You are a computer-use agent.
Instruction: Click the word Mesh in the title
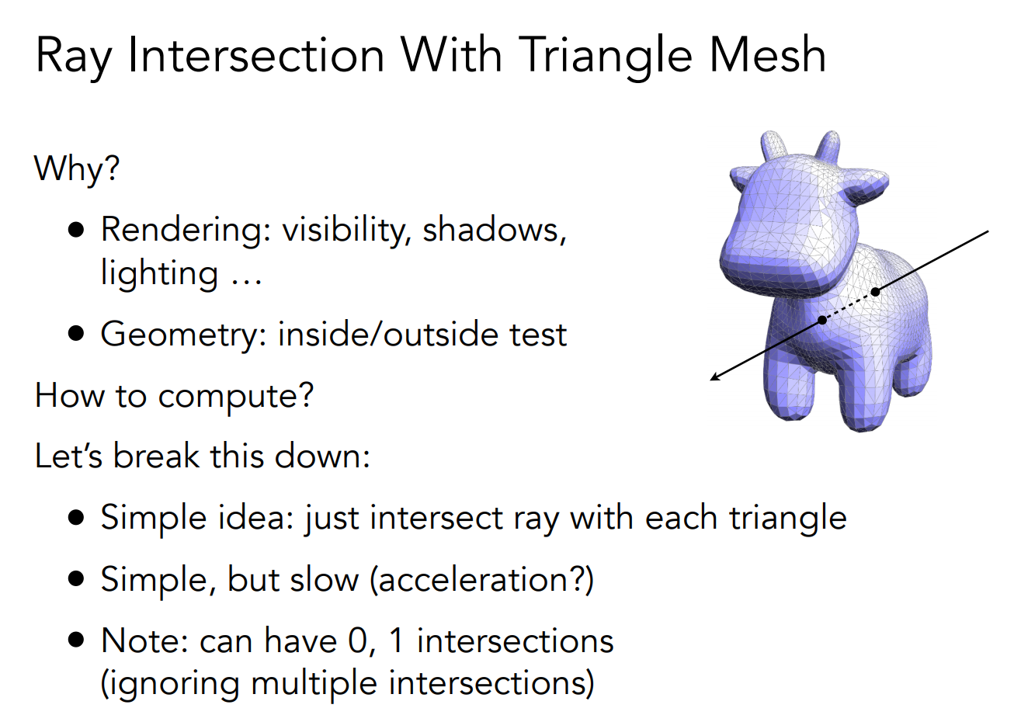pos(768,55)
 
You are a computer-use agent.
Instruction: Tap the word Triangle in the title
pos(605,57)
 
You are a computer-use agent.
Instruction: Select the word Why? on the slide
pos(77,168)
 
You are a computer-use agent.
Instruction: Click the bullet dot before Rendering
pos(76,230)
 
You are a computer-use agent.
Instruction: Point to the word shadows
pos(495,230)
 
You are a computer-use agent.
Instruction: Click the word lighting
pos(159,274)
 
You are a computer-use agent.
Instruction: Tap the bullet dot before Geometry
pos(76,334)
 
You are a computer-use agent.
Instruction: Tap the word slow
pos(324,579)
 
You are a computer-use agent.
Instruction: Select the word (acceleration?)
pos(481,580)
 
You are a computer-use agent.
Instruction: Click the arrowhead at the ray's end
pos(714,377)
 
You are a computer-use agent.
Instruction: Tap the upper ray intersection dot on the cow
pos(876,292)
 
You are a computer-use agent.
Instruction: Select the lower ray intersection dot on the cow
pos(822,321)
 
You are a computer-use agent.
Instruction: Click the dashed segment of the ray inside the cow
pos(849,306)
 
